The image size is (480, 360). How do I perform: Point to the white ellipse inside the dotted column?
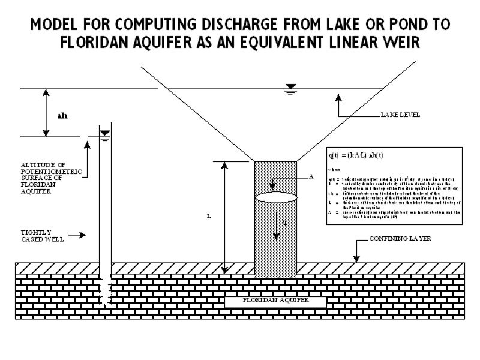(275, 197)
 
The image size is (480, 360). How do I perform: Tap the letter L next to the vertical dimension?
(208, 216)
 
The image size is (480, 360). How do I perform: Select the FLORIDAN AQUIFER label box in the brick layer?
(275, 301)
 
